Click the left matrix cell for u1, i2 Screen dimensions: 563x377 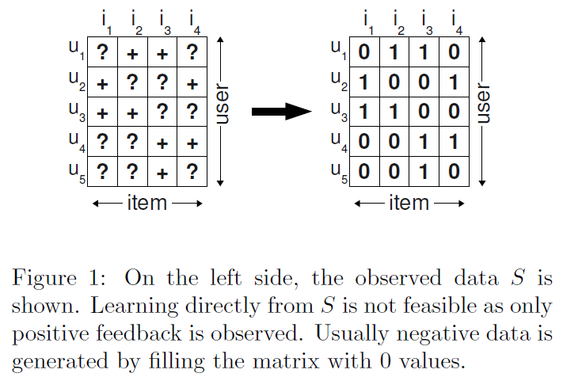(132, 54)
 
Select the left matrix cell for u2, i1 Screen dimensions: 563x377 (103, 83)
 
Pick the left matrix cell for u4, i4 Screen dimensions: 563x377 (192, 143)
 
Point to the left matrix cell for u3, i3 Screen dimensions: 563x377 (162, 112)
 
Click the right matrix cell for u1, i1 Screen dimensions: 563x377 (365, 54)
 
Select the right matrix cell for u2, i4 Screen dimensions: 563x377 (455, 83)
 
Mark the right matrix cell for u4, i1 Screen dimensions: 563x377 (365, 143)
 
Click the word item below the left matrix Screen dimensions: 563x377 (146, 203)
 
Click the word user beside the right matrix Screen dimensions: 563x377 (485, 104)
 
